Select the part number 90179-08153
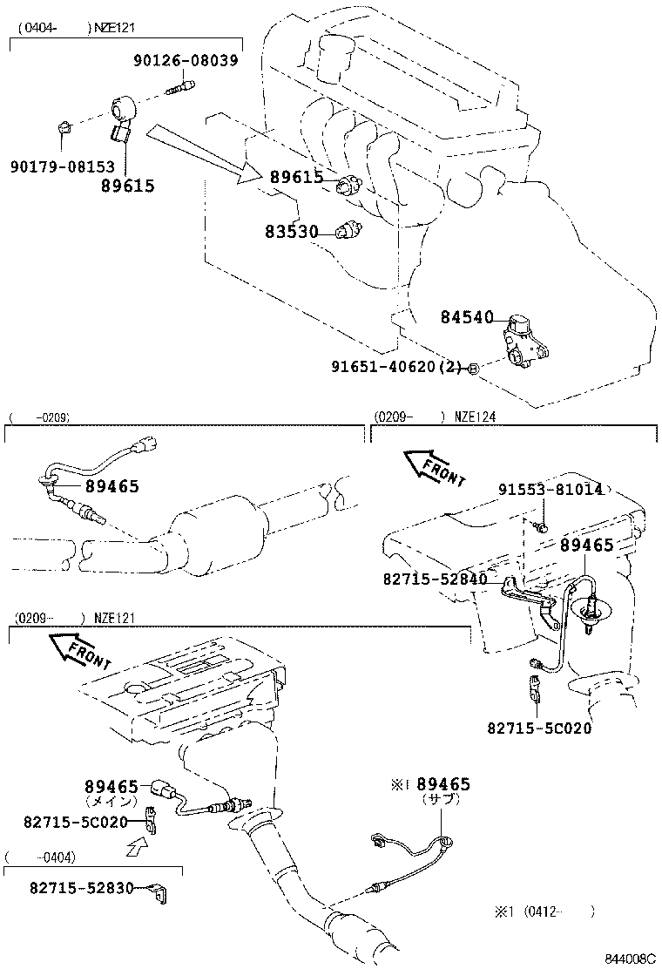pos(63,166)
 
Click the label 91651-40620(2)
pos(395,368)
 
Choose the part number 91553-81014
pos(551,490)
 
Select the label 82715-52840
pos(435,579)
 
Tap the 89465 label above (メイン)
pos(111,787)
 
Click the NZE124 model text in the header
pos(475,417)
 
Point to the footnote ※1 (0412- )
pos(544,912)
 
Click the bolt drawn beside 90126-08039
pos(185,86)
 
